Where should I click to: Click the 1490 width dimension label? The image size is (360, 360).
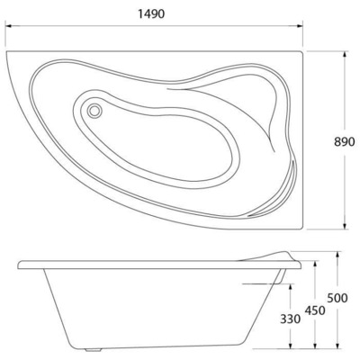click(151, 13)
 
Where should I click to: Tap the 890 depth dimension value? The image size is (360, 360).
click(345, 141)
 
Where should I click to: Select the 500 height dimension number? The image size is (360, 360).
click(337, 298)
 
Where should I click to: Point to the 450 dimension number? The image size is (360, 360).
click(315, 310)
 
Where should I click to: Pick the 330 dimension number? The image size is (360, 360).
click(290, 319)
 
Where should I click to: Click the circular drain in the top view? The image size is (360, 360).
click(94, 111)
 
